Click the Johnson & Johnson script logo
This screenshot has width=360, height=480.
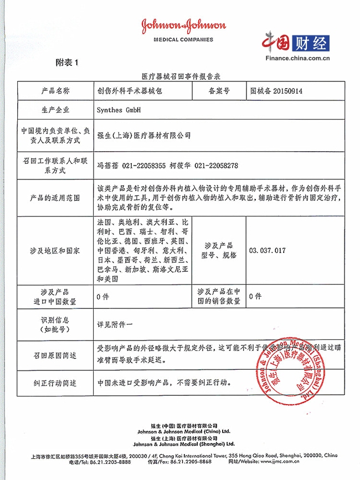(x=183, y=27)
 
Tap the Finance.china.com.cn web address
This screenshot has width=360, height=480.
(x=297, y=58)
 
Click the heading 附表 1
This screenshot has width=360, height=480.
(x=67, y=63)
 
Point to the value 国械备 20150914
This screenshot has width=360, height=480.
(x=276, y=91)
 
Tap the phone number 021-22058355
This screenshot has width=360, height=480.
(x=143, y=165)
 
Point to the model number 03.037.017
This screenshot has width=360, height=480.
(x=268, y=250)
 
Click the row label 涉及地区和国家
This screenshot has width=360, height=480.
(x=55, y=250)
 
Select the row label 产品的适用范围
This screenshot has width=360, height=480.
(x=55, y=198)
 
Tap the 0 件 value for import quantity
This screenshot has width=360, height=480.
(x=102, y=296)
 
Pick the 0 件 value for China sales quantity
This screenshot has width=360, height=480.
(x=255, y=296)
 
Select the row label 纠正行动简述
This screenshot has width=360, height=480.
(x=55, y=383)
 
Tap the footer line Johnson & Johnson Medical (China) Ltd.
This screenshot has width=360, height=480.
(x=183, y=431)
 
